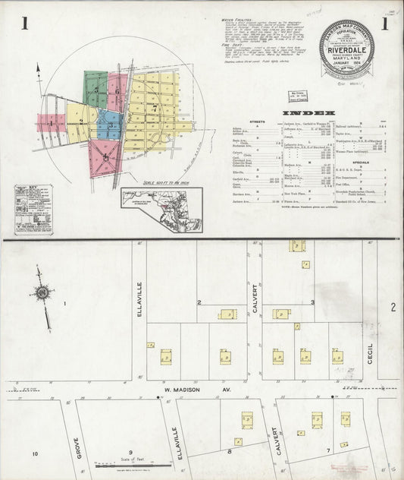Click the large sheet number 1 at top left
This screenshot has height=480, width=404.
pyautogui.click(x=25, y=24)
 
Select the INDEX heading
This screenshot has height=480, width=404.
pyautogui.click(x=304, y=115)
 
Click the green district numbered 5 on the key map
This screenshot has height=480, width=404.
pyautogui.click(x=97, y=90)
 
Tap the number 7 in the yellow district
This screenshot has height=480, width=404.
pyautogui.click(x=155, y=109)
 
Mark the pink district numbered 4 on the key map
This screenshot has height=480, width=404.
pyautogui.click(x=106, y=157)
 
